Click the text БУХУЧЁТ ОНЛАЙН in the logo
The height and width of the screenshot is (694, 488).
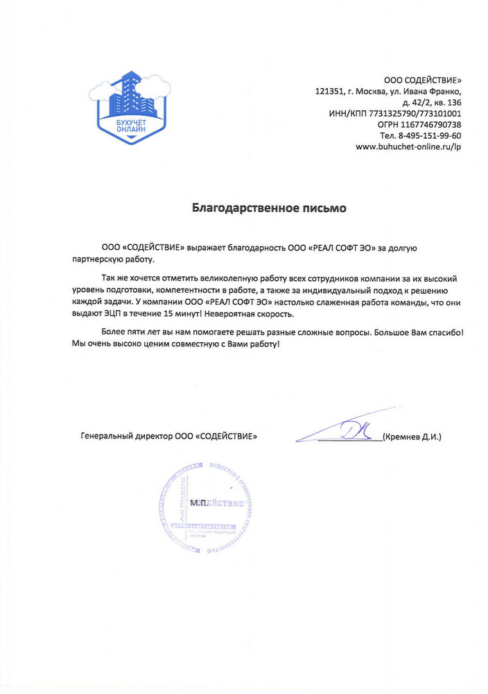(x=131, y=126)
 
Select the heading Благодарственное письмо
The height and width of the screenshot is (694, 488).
(x=268, y=208)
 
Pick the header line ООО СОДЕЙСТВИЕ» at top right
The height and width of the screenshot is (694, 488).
(x=422, y=80)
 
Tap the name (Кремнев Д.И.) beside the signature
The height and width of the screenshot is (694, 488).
(x=412, y=437)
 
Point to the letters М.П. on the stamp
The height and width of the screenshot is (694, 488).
(x=199, y=502)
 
